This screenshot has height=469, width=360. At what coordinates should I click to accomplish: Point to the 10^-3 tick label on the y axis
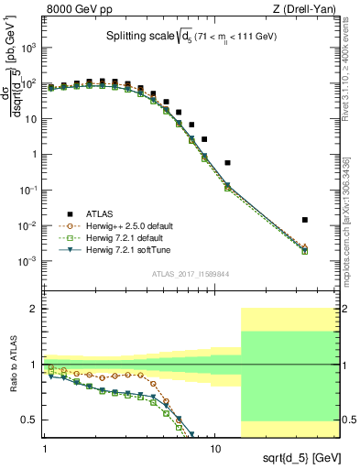(x=27, y=261)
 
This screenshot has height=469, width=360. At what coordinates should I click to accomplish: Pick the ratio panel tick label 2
(x=33, y=309)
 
